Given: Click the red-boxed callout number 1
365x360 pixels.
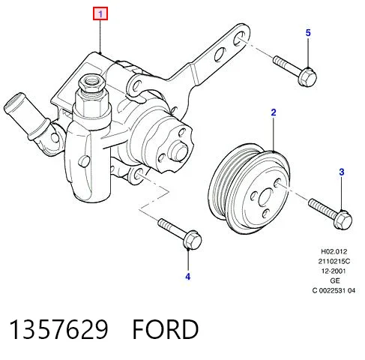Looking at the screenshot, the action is point(100,13).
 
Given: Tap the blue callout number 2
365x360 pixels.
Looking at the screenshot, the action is point(274,112).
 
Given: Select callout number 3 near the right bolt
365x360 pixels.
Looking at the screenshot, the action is point(342,172).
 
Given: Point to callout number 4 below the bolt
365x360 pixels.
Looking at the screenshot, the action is point(188,277).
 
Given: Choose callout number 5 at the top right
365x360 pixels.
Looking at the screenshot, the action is point(308,33).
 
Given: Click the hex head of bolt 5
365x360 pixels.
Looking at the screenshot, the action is point(308,76).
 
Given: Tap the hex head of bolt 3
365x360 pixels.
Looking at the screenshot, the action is point(343,220).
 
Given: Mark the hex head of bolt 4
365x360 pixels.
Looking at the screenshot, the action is point(193,240).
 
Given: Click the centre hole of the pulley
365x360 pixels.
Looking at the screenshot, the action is point(266,197).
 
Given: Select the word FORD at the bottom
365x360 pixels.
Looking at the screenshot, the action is point(166,329).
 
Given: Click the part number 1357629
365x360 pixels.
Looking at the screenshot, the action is point(59,329).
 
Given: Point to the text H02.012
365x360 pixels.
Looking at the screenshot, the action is point(334,251).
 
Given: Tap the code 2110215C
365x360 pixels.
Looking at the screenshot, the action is point(334,261).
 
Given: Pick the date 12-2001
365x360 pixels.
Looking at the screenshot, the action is point(334,271).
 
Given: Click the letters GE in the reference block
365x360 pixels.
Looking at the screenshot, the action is point(335,280).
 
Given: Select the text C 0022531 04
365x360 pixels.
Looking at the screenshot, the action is point(334,290).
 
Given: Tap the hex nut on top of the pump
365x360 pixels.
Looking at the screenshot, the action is point(91,83).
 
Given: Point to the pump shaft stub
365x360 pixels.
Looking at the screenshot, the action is point(178,151).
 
